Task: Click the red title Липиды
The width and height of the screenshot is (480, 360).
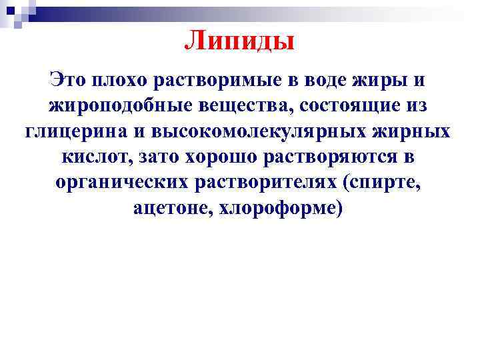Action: tap(239, 41)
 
